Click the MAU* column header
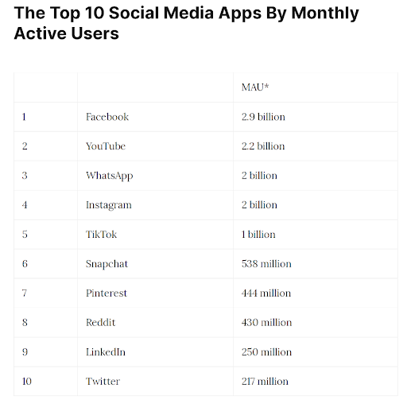point(256,87)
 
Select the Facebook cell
point(107,117)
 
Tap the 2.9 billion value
point(263,117)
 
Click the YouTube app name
point(105,146)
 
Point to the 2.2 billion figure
point(263,146)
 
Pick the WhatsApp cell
point(109,176)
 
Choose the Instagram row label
point(108,205)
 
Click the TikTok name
point(101,235)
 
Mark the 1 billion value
point(258,235)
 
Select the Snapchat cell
point(107,264)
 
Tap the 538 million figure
point(266,264)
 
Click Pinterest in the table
point(106,293)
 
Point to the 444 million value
point(266,293)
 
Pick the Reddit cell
point(100,323)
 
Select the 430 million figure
point(266,323)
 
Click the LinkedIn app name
point(106,352)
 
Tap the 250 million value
point(266,352)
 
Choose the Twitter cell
point(103,382)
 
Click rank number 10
point(27,382)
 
